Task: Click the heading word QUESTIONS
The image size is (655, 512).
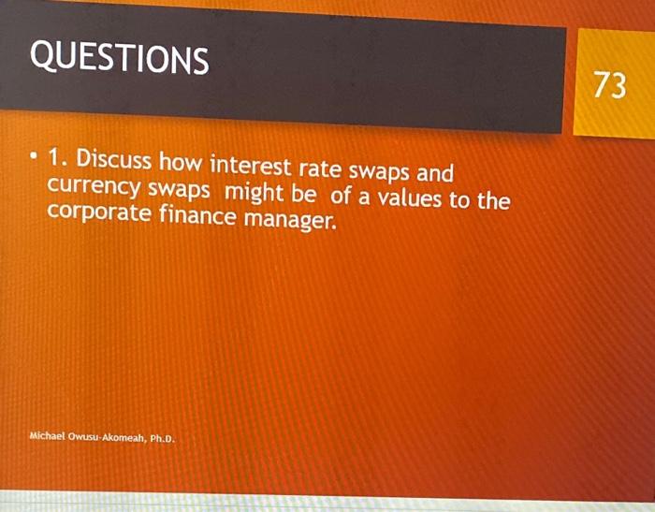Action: [x=119, y=58]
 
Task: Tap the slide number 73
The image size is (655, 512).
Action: [x=610, y=84]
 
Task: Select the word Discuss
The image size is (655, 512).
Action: [x=113, y=159]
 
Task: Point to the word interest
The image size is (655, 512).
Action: [x=250, y=165]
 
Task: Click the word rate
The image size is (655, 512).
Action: [x=320, y=168]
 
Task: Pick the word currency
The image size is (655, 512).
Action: [x=94, y=186]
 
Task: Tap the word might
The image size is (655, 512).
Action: [x=254, y=193]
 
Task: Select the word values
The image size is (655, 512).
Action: [x=410, y=198]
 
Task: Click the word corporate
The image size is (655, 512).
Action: [x=98, y=212]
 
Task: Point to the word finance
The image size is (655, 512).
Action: [x=197, y=215]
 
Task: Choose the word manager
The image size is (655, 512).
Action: [x=290, y=220]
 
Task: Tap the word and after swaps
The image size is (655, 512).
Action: [x=435, y=172]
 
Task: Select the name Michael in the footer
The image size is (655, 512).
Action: [x=47, y=436]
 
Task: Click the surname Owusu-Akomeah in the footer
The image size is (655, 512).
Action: [x=107, y=438]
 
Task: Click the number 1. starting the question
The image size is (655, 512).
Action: [x=58, y=157]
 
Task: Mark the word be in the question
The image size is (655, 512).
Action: [x=303, y=195]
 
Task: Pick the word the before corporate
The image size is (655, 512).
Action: [x=494, y=200]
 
